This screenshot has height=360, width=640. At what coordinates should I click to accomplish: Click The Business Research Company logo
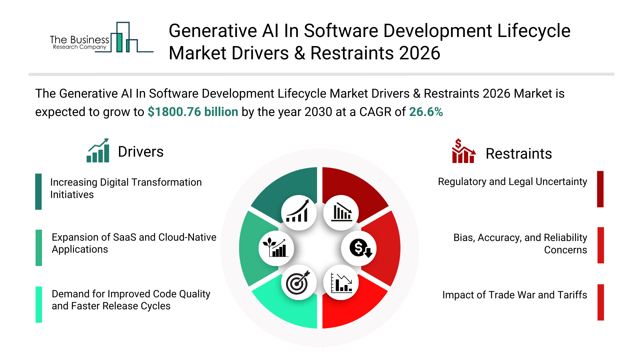tap(100, 38)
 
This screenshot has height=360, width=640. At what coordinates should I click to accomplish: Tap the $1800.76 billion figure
tap(193, 112)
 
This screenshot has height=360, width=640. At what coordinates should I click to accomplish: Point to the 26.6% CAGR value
tap(426, 112)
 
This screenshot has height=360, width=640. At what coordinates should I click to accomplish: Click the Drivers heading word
tap(141, 152)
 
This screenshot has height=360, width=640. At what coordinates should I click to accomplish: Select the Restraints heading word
tap(518, 154)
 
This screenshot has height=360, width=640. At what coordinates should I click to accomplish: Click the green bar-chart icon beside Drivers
tap(98, 151)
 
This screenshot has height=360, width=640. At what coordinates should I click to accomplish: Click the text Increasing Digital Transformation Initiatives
tap(126, 188)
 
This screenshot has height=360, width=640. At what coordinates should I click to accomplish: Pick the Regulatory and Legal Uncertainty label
tap(512, 182)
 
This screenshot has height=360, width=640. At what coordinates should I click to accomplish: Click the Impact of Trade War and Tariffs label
tap(514, 295)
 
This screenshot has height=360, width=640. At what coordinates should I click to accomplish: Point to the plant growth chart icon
tap(276, 248)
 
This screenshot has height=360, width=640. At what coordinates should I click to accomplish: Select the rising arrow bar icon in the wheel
tap(299, 213)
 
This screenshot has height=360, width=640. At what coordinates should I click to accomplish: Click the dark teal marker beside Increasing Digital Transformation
tap(39, 192)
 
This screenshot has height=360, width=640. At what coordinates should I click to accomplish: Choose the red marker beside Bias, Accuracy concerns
tap(601, 245)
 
